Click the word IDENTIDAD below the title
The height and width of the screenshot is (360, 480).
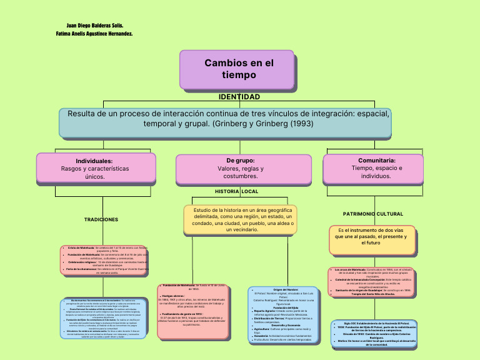(239, 97)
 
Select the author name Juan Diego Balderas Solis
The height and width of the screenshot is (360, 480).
(94, 26)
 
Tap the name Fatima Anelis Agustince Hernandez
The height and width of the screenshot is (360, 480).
(94, 34)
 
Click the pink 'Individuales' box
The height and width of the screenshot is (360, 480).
(94, 169)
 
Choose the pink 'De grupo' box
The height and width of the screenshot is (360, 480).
(244, 169)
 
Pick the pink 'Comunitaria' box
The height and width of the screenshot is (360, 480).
(372, 168)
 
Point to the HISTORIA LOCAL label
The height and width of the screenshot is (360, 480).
(236, 191)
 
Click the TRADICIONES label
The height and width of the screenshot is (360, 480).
(101, 220)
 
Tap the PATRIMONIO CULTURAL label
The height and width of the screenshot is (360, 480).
(373, 214)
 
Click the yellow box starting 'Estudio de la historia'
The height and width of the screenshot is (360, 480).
(239, 220)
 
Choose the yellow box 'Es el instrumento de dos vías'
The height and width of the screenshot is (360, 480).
(371, 239)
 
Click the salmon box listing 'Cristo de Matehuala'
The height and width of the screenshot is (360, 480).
(104, 259)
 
